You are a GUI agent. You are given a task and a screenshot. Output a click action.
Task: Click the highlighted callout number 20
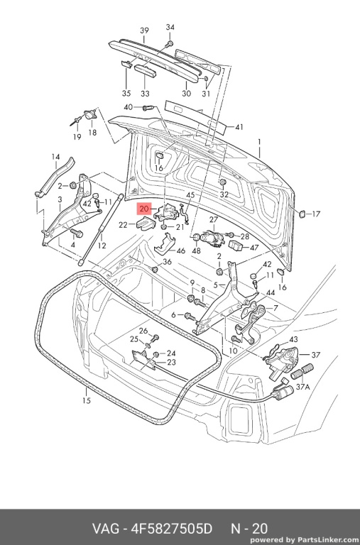tap(144, 209)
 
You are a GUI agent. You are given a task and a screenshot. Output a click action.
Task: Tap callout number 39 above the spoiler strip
tap(144, 31)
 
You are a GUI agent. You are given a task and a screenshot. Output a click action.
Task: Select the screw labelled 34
tap(170, 44)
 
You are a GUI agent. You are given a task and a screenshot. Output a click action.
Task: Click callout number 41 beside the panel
tap(239, 127)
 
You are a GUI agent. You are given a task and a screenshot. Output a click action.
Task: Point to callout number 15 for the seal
tap(86, 400)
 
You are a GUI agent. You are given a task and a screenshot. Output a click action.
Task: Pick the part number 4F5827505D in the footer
tap(171, 529)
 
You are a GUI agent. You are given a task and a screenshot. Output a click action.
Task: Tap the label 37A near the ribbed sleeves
tap(302, 387)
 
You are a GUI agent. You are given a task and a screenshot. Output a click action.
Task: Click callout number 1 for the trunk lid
tap(259, 142)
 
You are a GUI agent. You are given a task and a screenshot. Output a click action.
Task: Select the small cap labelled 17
tap(302, 214)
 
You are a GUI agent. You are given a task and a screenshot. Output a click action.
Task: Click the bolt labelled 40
tap(148, 108)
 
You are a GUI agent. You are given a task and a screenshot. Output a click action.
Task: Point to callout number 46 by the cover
tap(181, 251)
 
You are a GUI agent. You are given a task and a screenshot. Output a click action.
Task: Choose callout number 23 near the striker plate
tap(171, 362)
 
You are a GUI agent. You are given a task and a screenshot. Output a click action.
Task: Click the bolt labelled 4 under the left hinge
tap(77, 233)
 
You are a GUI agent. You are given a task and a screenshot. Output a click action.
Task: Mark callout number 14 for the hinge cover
tap(55, 157)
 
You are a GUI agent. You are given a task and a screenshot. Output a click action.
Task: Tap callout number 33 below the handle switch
tap(145, 94)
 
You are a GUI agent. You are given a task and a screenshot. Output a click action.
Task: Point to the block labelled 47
tap(236, 246)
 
